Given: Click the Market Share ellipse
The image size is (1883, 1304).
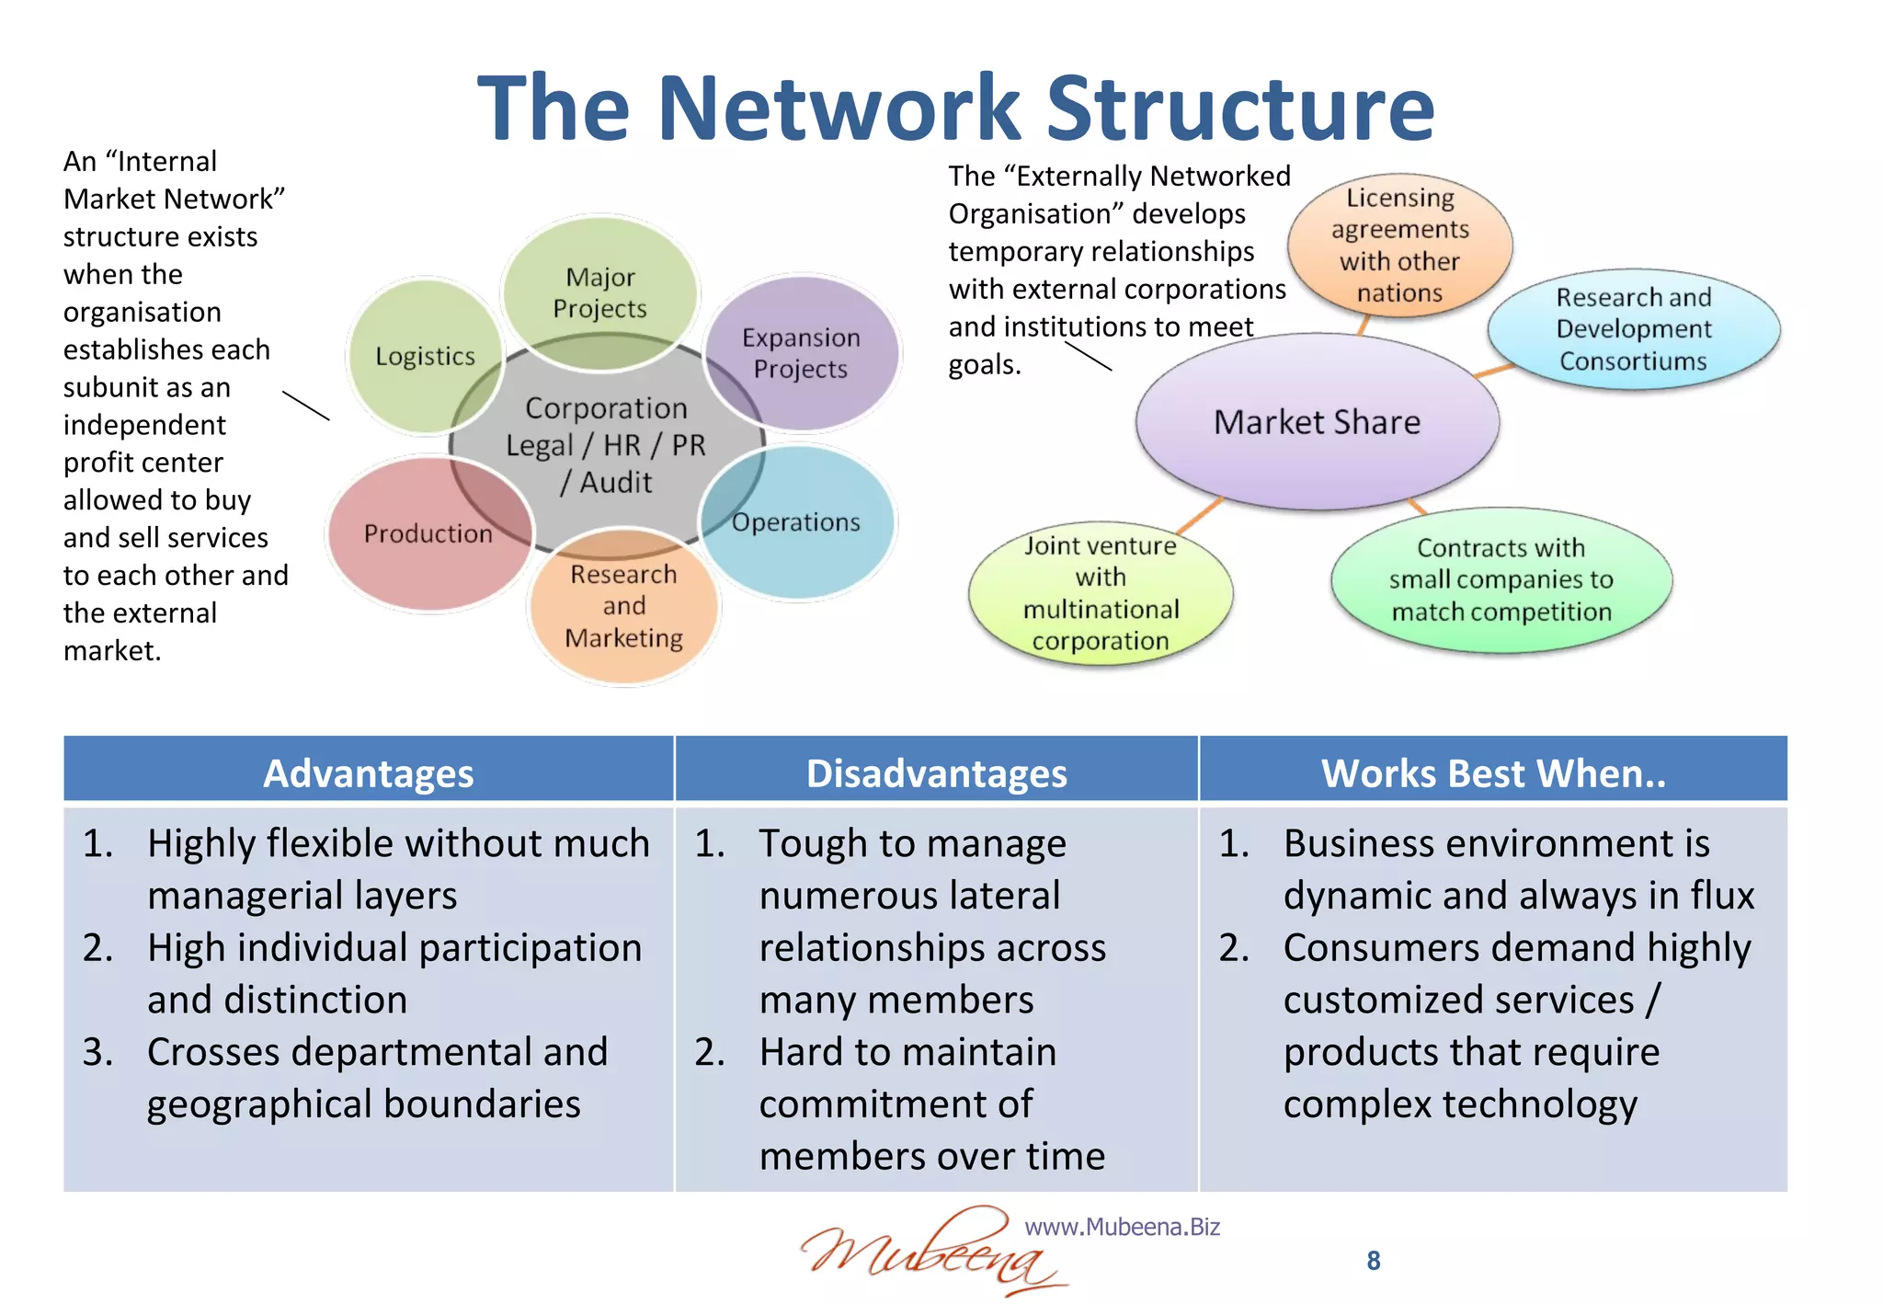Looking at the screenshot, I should [x=1317, y=422].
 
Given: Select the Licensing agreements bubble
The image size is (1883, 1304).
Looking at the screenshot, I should [x=1399, y=245].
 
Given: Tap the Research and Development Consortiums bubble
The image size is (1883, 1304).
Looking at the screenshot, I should [x=1633, y=329].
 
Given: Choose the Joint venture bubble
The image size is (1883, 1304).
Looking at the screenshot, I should [x=1100, y=593].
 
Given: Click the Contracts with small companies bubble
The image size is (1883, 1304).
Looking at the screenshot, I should [x=1501, y=579].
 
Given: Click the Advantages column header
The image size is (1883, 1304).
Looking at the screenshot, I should [x=368, y=772].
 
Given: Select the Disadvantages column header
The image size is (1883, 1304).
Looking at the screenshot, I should [x=936, y=772].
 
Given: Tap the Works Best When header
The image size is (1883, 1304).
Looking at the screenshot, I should [x=1493, y=772].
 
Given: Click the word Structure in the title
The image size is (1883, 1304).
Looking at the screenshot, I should [x=1240, y=109].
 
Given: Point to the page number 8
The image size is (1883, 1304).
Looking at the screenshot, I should [x=1373, y=1261].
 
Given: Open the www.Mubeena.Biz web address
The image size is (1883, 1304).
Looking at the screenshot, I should [x=1122, y=1227].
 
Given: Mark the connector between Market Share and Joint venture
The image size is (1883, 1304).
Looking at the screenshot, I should [x=1200, y=515].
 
